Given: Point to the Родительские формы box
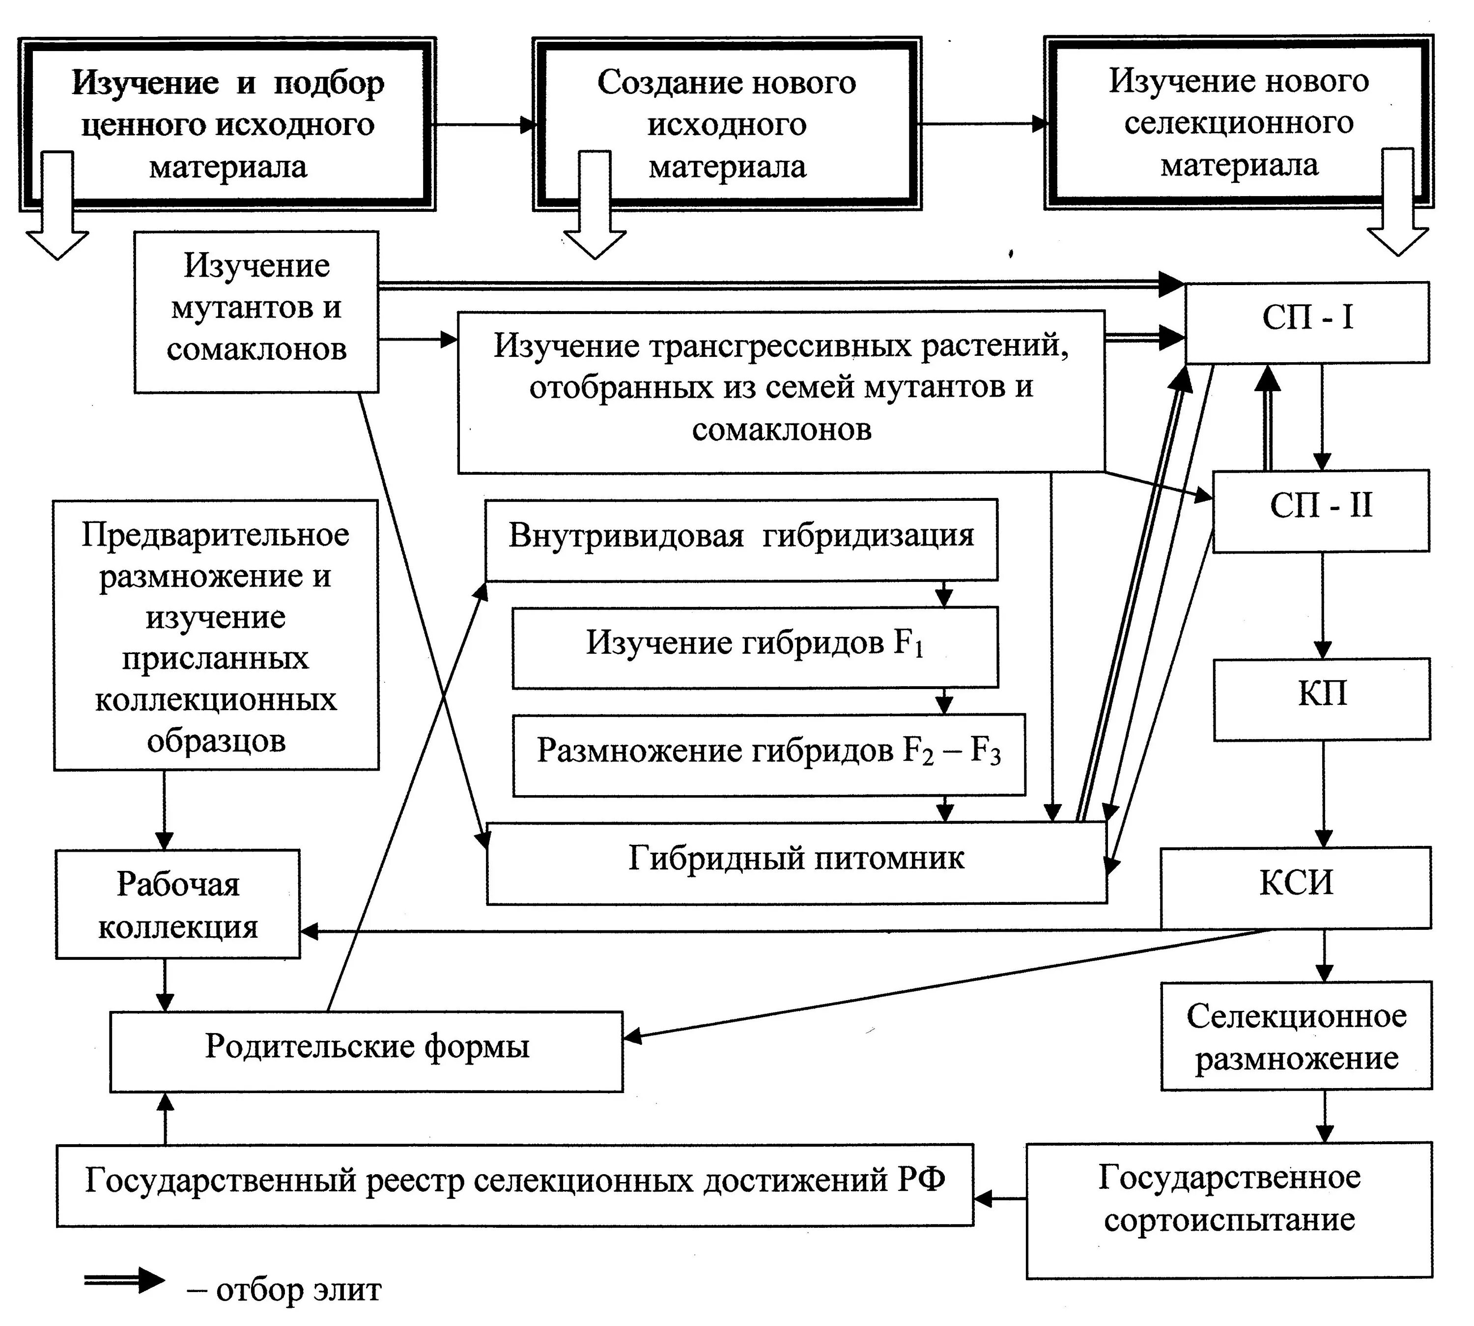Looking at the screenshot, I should click(367, 1050).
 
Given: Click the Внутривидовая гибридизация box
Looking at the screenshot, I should click(740, 539).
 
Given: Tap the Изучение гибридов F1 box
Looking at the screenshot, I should click(755, 646).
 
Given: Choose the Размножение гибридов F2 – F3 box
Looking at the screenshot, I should click(768, 753).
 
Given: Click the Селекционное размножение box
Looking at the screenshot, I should click(1296, 1036).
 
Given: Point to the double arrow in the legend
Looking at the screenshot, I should click(124, 1281).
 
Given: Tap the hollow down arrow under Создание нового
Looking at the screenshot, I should click(594, 207).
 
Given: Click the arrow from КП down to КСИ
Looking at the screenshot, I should click(1323, 794).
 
